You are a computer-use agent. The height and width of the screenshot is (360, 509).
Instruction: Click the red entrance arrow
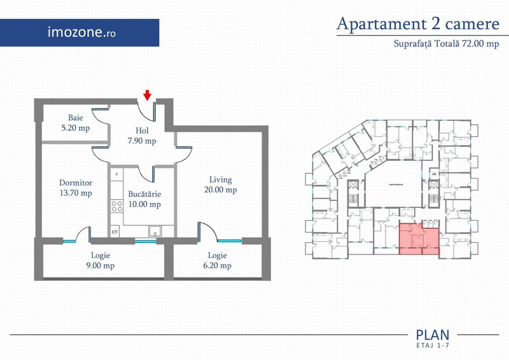pos(147,95)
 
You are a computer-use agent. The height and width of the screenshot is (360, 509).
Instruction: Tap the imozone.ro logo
pos(82,31)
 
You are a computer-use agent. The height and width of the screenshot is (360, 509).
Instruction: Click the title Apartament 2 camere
pos(417,24)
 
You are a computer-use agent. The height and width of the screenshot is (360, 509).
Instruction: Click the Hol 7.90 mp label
pos(141,135)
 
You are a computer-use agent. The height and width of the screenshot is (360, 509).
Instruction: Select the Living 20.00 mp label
pos(221,184)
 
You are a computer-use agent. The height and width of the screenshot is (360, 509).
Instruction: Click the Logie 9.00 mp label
pos(101,261)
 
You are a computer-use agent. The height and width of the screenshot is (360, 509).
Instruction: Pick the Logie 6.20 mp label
pos(217,261)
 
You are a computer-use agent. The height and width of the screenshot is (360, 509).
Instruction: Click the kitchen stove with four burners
pos(116,206)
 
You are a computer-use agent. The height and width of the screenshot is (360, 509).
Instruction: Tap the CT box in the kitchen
pos(115,232)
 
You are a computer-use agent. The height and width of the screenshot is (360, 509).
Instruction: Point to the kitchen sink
pos(154,232)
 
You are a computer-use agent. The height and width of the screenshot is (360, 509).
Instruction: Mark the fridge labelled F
pos(116,174)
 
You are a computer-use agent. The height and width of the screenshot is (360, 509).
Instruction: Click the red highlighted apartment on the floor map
pos(419,240)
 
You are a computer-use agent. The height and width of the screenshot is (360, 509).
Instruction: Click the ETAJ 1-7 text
pos(432,345)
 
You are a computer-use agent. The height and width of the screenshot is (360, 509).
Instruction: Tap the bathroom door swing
pos(99,114)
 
